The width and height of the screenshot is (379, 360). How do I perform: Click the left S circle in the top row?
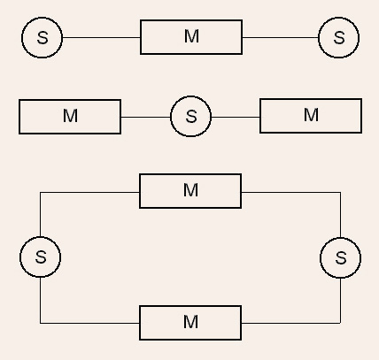pyautogui.click(x=43, y=37)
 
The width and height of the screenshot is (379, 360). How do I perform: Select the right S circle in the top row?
pyautogui.click(x=339, y=37)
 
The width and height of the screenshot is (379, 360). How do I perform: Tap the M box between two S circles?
pyautogui.click(x=191, y=37)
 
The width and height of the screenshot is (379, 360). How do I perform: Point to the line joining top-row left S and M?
pyautogui.click(x=101, y=37)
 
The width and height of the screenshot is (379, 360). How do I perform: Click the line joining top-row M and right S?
pyautogui.click(x=281, y=37)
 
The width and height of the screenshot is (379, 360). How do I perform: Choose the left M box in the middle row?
pyautogui.click(x=70, y=117)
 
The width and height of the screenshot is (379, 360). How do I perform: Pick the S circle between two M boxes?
pyautogui.click(x=191, y=116)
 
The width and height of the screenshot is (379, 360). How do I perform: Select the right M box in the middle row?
pyautogui.click(x=311, y=116)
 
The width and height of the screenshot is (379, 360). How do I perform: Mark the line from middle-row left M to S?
pyautogui.click(x=146, y=117)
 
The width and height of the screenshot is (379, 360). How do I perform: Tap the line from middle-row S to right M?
pyautogui.click(x=236, y=117)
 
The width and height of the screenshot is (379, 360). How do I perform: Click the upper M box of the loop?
pyautogui.click(x=190, y=191)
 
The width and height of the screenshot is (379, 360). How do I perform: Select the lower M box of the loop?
pyautogui.click(x=190, y=323)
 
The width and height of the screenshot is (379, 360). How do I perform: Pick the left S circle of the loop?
pyautogui.click(x=41, y=257)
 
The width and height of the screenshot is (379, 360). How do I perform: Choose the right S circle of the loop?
pyautogui.click(x=341, y=257)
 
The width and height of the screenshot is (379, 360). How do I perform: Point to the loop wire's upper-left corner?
pyautogui.click(x=40, y=192)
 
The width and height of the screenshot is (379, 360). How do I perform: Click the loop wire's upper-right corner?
pyautogui.click(x=341, y=192)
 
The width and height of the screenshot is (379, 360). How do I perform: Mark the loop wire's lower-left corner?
pyautogui.click(x=40, y=323)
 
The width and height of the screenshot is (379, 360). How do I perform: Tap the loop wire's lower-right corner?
pyautogui.click(x=341, y=323)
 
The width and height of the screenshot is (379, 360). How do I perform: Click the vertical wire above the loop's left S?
pyautogui.click(x=40, y=214)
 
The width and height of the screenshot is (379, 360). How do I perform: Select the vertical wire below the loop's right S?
pyautogui.click(x=341, y=301)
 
